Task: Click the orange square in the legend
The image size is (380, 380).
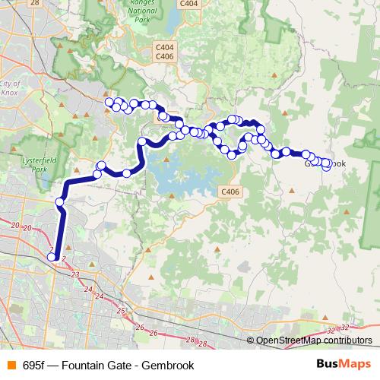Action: click(11, 366)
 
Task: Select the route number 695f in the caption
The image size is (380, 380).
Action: click(33, 366)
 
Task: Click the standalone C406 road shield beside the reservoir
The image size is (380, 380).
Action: click(229, 191)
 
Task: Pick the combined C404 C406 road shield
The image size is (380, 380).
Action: click(163, 51)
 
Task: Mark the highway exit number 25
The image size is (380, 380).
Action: click(121, 311)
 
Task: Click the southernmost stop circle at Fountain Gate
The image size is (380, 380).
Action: click(52, 257)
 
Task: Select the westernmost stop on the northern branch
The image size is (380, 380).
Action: click(109, 102)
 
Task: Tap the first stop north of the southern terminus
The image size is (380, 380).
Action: click(60, 201)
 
